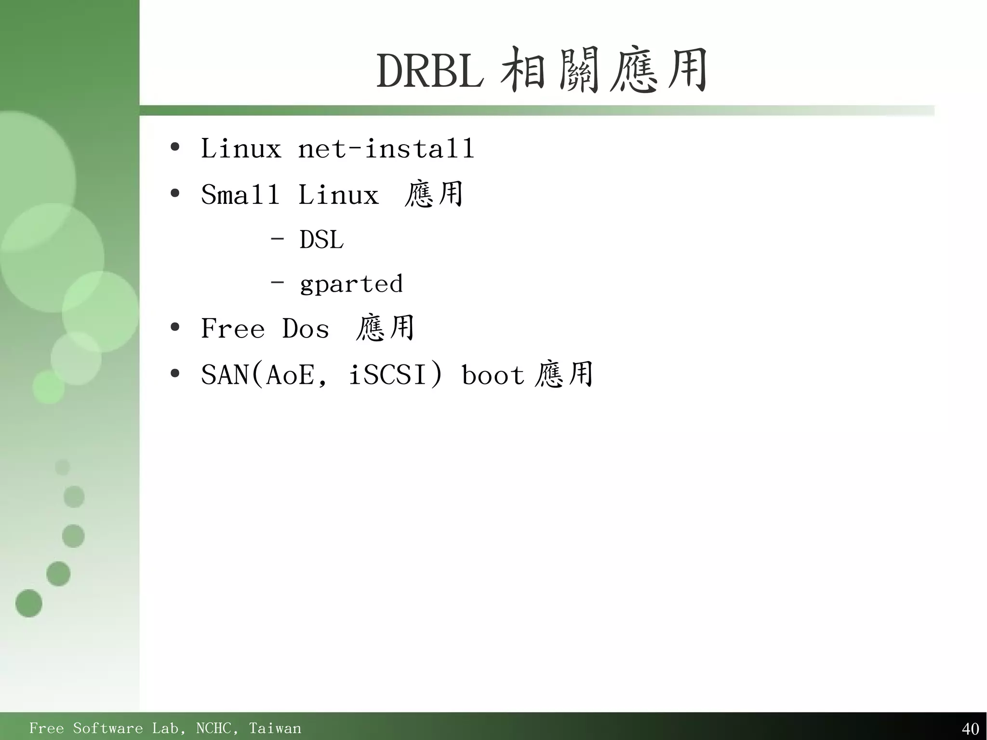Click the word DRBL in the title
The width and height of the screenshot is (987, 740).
click(430, 71)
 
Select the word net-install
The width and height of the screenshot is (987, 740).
click(386, 148)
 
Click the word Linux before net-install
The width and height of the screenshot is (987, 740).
click(241, 148)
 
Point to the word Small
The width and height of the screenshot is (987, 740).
click(240, 195)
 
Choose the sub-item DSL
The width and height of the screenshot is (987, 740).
click(321, 240)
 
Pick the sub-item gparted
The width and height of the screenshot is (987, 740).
click(351, 284)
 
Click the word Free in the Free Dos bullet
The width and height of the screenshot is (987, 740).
click(233, 329)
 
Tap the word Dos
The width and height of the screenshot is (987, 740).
click(306, 329)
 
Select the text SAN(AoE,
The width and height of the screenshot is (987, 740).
click(264, 375)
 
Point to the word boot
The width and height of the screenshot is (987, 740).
click(493, 375)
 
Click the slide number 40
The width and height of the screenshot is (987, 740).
click(970, 728)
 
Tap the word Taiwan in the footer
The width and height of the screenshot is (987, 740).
click(275, 728)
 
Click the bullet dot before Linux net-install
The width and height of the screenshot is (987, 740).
click(175, 147)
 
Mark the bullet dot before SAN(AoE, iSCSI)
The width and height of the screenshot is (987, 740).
click(175, 373)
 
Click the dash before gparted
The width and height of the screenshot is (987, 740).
click(277, 282)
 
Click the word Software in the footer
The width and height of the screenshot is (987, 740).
click(107, 728)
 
